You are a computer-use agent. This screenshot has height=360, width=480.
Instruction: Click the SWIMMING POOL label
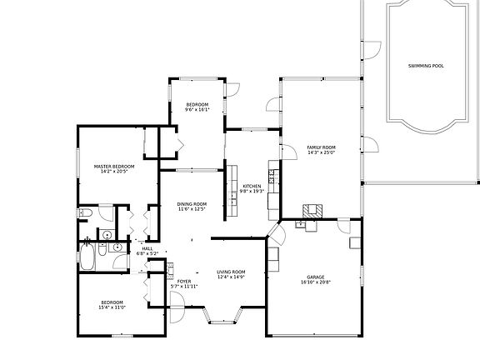[425, 65]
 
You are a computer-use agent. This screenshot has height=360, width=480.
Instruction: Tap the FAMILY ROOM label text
[321, 147]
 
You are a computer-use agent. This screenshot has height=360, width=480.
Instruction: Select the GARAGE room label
[315, 277]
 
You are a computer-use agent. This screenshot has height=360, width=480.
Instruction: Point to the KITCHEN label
[252, 186]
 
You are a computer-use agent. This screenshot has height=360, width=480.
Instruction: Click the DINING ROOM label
[191, 204]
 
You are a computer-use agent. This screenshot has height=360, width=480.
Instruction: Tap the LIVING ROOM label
[231, 272]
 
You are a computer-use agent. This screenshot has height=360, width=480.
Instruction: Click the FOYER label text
[183, 282]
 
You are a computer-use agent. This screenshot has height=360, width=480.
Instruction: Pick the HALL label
[147, 248]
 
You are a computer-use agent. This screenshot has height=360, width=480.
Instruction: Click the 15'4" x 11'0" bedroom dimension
[112, 307]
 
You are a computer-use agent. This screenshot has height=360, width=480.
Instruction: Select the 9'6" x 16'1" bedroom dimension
[197, 109]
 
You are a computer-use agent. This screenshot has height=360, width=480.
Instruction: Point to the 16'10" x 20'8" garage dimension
[315, 282]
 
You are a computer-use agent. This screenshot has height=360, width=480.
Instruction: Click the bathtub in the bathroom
[87, 257]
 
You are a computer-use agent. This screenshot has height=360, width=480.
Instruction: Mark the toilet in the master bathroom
[84, 214]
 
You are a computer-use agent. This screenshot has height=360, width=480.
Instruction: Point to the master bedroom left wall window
[77, 165]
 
